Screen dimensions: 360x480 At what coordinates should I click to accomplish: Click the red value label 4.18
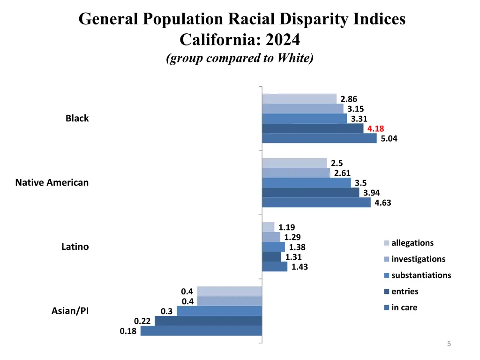tap(375, 128)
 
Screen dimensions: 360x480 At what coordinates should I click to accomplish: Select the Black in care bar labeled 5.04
tap(319, 138)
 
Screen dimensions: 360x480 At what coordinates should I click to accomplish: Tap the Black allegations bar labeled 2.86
tap(299, 99)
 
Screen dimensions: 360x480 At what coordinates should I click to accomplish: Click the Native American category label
tap(52, 182)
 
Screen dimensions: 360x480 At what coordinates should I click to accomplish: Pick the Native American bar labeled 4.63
tap(316, 202)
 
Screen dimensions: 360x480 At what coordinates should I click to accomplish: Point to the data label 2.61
tap(342, 173)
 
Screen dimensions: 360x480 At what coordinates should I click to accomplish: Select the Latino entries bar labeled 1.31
tap(271, 257)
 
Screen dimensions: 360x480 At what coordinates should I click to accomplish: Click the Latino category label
tap(75, 247)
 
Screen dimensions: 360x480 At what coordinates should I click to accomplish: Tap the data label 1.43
tap(300, 267)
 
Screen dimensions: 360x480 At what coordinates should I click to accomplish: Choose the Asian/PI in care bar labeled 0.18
tap(201, 331)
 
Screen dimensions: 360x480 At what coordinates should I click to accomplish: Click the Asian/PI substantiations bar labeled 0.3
tap(219, 311)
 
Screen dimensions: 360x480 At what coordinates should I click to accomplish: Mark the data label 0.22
tap(142, 321)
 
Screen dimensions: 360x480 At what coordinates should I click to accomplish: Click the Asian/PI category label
tap(70, 311)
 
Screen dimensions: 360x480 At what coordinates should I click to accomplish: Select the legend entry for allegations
tap(412, 243)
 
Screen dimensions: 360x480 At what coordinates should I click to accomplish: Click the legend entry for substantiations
tap(420, 275)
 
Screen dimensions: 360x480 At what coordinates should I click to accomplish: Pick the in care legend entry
tap(404, 307)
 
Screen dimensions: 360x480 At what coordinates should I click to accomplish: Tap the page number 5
tap(449, 344)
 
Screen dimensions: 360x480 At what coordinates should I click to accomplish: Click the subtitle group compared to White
tap(240, 58)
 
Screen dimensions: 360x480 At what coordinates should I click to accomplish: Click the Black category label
tap(77, 118)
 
